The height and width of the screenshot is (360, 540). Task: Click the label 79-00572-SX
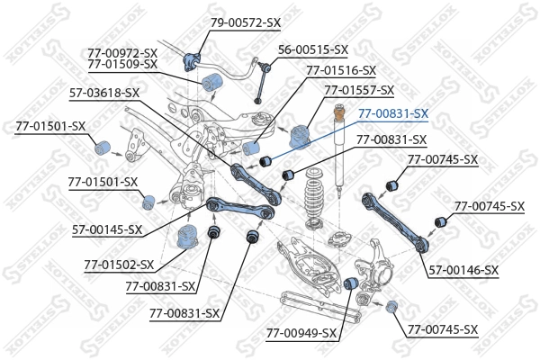(x=246, y=22)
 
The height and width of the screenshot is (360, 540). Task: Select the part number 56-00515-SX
(x=312, y=49)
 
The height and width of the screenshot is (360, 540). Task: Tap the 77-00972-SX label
(x=122, y=53)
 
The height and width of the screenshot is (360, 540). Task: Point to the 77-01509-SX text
(x=122, y=65)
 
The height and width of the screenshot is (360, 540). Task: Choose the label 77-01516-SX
(x=341, y=69)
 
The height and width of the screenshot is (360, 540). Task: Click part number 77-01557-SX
(x=359, y=91)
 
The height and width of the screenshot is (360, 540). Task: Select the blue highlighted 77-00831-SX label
(x=393, y=113)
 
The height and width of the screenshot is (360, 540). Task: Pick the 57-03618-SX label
(x=104, y=92)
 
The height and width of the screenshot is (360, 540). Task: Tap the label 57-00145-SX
(x=107, y=229)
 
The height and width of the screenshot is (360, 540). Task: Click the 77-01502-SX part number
(x=119, y=265)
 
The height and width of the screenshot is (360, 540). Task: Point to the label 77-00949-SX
(x=301, y=333)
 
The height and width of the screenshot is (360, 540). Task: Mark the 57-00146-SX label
(x=463, y=270)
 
